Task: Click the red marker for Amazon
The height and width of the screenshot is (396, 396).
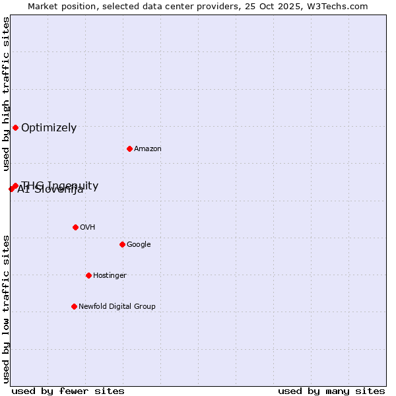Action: (x=129, y=148)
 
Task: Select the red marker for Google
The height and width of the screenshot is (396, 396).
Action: (x=122, y=244)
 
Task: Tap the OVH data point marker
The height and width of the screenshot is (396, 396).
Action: (x=75, y=227)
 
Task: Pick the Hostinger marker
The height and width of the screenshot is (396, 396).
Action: (x=88, y=275)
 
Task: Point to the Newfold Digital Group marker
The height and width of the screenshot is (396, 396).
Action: (x=74, y=306)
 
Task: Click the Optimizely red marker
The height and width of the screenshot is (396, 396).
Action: (x=15, y=127)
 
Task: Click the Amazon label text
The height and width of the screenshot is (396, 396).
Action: (x=148, y=149)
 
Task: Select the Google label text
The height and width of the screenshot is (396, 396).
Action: (x=139, y=245)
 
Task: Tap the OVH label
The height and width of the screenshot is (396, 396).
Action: (x=88, y=228)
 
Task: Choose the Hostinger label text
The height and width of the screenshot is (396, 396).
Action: (x=110, y=276)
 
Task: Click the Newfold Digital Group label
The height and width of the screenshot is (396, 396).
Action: (x=117, y=307)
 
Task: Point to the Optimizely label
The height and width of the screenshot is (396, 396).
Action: (x=49, y=128)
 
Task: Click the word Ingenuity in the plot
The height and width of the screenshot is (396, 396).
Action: (x=72, y=185)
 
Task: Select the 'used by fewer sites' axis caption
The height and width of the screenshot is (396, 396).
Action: (x=68, y=391)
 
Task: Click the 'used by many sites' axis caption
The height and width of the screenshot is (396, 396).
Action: (x=331, y=391)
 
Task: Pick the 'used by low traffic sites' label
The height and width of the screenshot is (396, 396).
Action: (x=6, y=309)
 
